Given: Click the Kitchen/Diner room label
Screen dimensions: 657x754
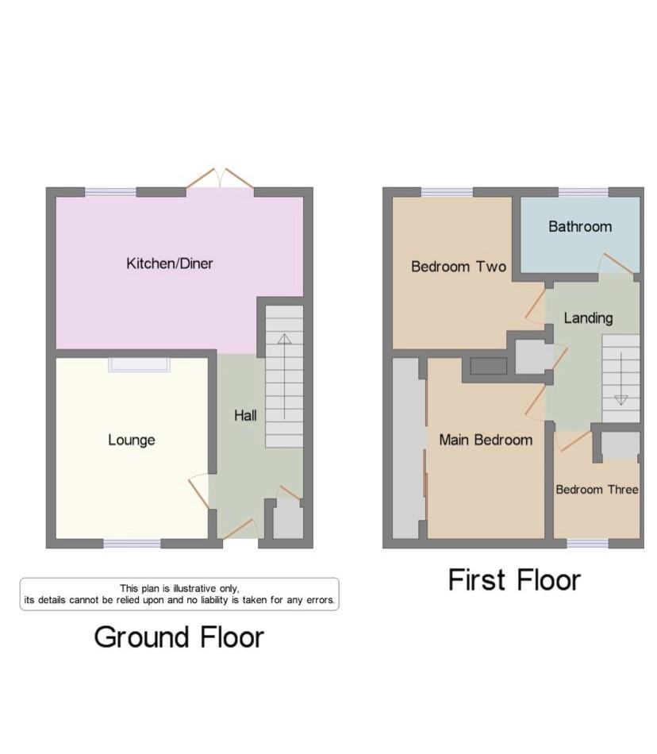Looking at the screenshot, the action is (x=170, y=264).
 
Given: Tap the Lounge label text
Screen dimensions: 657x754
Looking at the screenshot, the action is (x=131, y=440).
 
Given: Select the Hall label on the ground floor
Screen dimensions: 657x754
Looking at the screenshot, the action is (x=245, y=415).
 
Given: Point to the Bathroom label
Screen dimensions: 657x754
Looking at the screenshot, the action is (x=580, y=226).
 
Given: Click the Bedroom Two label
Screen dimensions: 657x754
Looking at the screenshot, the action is (x=459, y=267).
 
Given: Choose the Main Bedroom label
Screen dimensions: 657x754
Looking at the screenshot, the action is (x=486, y=440).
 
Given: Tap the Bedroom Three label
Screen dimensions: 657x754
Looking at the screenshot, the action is (x=597, y=490).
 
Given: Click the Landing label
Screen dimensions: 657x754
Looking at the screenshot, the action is (x=588, y=317).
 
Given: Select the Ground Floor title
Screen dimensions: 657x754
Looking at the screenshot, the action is (x=179, y=637).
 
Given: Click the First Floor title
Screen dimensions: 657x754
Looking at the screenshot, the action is (x=514, y=579).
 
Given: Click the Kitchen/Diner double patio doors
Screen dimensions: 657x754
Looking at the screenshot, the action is (x=220, y=178).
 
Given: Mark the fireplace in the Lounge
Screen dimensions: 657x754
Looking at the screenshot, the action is (x=139, y=364).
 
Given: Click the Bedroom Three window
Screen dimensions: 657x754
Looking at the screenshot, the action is (x=587, y=544).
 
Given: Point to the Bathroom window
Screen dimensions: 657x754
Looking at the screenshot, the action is (x=584, y=192).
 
